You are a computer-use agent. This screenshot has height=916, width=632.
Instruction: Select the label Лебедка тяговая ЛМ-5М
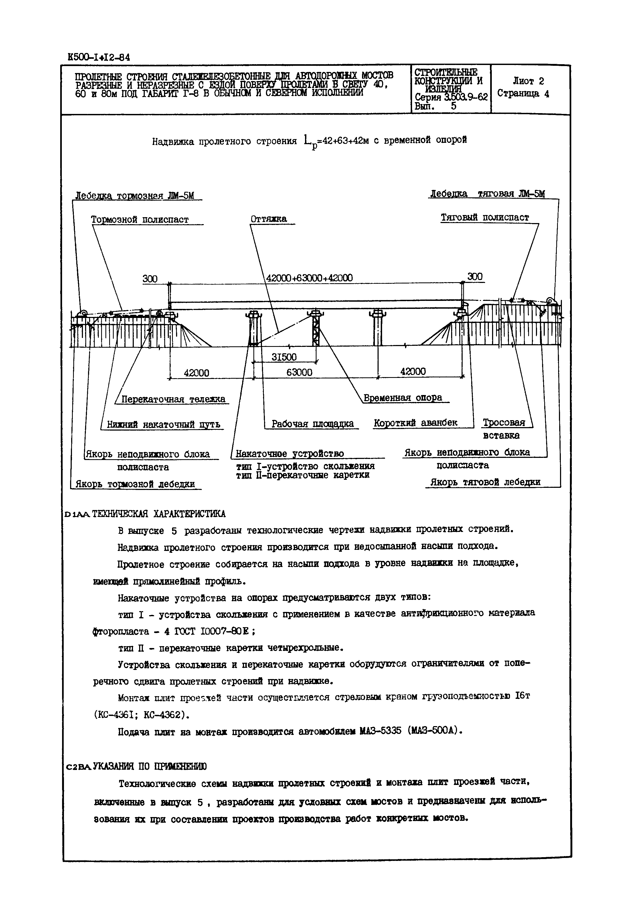tap(487, 194)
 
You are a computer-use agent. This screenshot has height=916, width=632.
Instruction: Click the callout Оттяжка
tap(268, 219)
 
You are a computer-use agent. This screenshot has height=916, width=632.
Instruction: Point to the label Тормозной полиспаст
tap(140, 220)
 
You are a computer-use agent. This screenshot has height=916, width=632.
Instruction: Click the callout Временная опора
tap(402, 398)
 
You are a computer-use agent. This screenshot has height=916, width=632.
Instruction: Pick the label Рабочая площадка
tap(313, 424)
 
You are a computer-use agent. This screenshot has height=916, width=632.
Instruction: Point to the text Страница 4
tap(523, 94)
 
